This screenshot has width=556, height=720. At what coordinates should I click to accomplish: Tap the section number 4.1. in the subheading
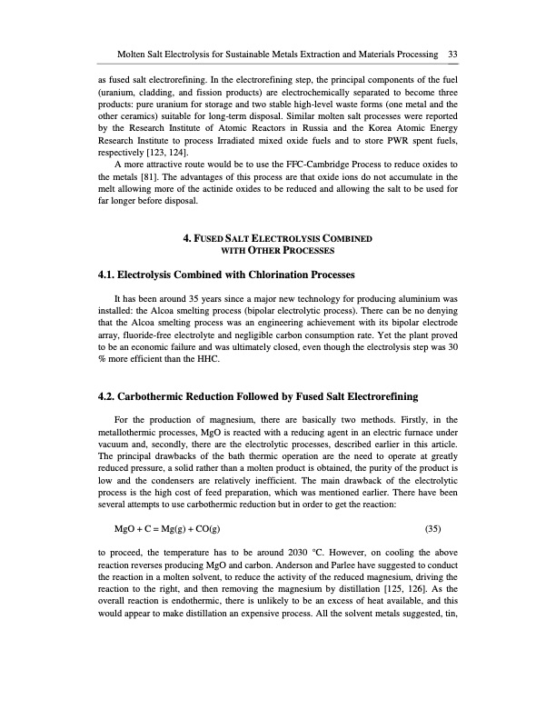pos(109,274)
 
